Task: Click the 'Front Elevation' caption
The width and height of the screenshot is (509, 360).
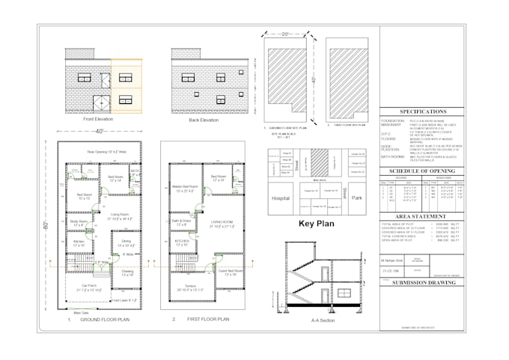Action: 97,119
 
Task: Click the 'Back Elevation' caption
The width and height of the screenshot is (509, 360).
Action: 204,119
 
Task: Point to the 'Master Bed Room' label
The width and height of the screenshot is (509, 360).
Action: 185,188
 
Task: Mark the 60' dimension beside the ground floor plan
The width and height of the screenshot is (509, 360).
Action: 45,225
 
